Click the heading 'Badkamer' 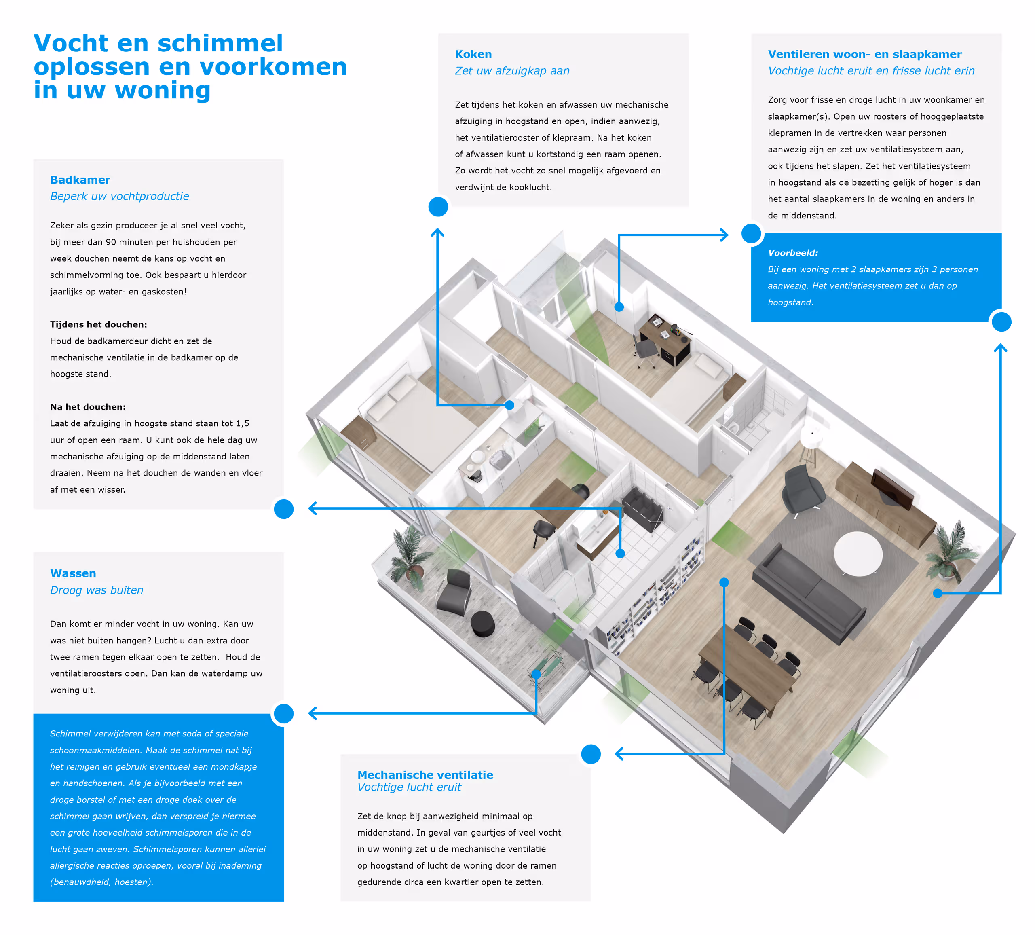coord(80,180)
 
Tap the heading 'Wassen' coord(73,573)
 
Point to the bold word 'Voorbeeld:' coord(793,253)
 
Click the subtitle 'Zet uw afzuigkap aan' coord(512,71)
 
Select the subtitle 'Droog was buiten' coord(97,590)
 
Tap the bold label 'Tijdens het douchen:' coord(99,324)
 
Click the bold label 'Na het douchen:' coord(88,407)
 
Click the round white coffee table coord(858,554)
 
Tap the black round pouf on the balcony coord(483,623)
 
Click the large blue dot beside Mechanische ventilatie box coord(591,754)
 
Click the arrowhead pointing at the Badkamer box coord(313,508)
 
